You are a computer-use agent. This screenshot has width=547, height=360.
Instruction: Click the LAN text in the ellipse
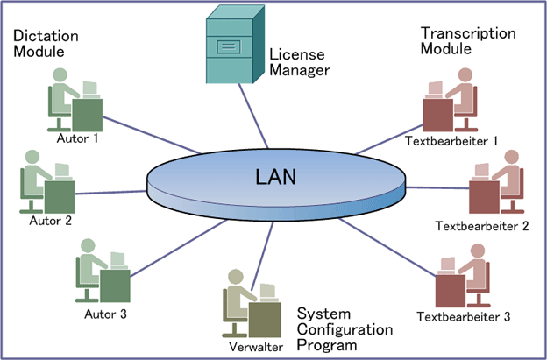coord(275,175)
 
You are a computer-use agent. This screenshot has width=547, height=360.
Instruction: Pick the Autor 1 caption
coord(76,138)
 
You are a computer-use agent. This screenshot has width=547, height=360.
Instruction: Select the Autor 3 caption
coord(106,313)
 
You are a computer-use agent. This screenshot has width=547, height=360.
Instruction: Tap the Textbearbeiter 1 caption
coord(452,140)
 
